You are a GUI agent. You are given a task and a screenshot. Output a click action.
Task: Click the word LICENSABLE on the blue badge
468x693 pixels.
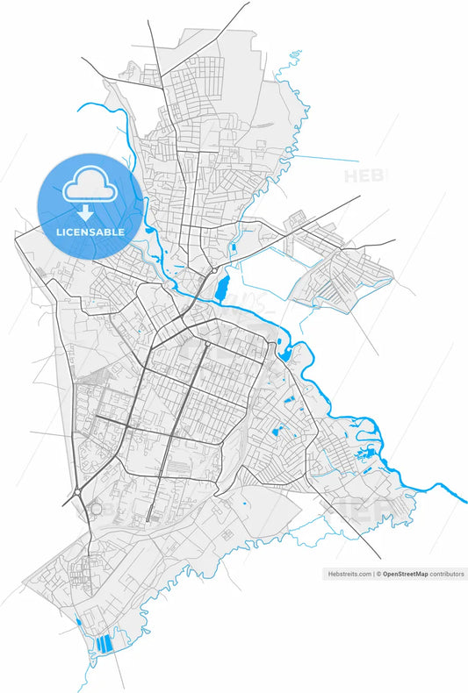click(90, 232)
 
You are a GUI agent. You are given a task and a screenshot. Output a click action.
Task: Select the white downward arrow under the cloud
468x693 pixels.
click(85, 213)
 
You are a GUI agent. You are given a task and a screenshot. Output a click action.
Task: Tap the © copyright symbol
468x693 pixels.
click(379, 574)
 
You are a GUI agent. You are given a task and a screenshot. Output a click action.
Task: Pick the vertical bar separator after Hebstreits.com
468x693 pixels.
click(373, 574)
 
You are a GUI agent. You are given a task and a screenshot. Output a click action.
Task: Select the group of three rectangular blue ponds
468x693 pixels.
click(104, 643)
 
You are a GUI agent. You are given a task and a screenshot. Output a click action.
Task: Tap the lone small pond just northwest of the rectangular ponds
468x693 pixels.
click(79, 622)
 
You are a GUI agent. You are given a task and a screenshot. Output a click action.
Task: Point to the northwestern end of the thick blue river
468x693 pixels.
click(80, 107)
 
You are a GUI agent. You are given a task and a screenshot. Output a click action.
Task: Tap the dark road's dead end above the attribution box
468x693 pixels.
click(380, 558)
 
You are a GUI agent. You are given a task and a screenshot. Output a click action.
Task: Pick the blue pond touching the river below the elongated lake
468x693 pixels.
click(284, 354)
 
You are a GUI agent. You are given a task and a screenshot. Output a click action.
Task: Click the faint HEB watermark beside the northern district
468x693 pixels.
click(363, 175)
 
